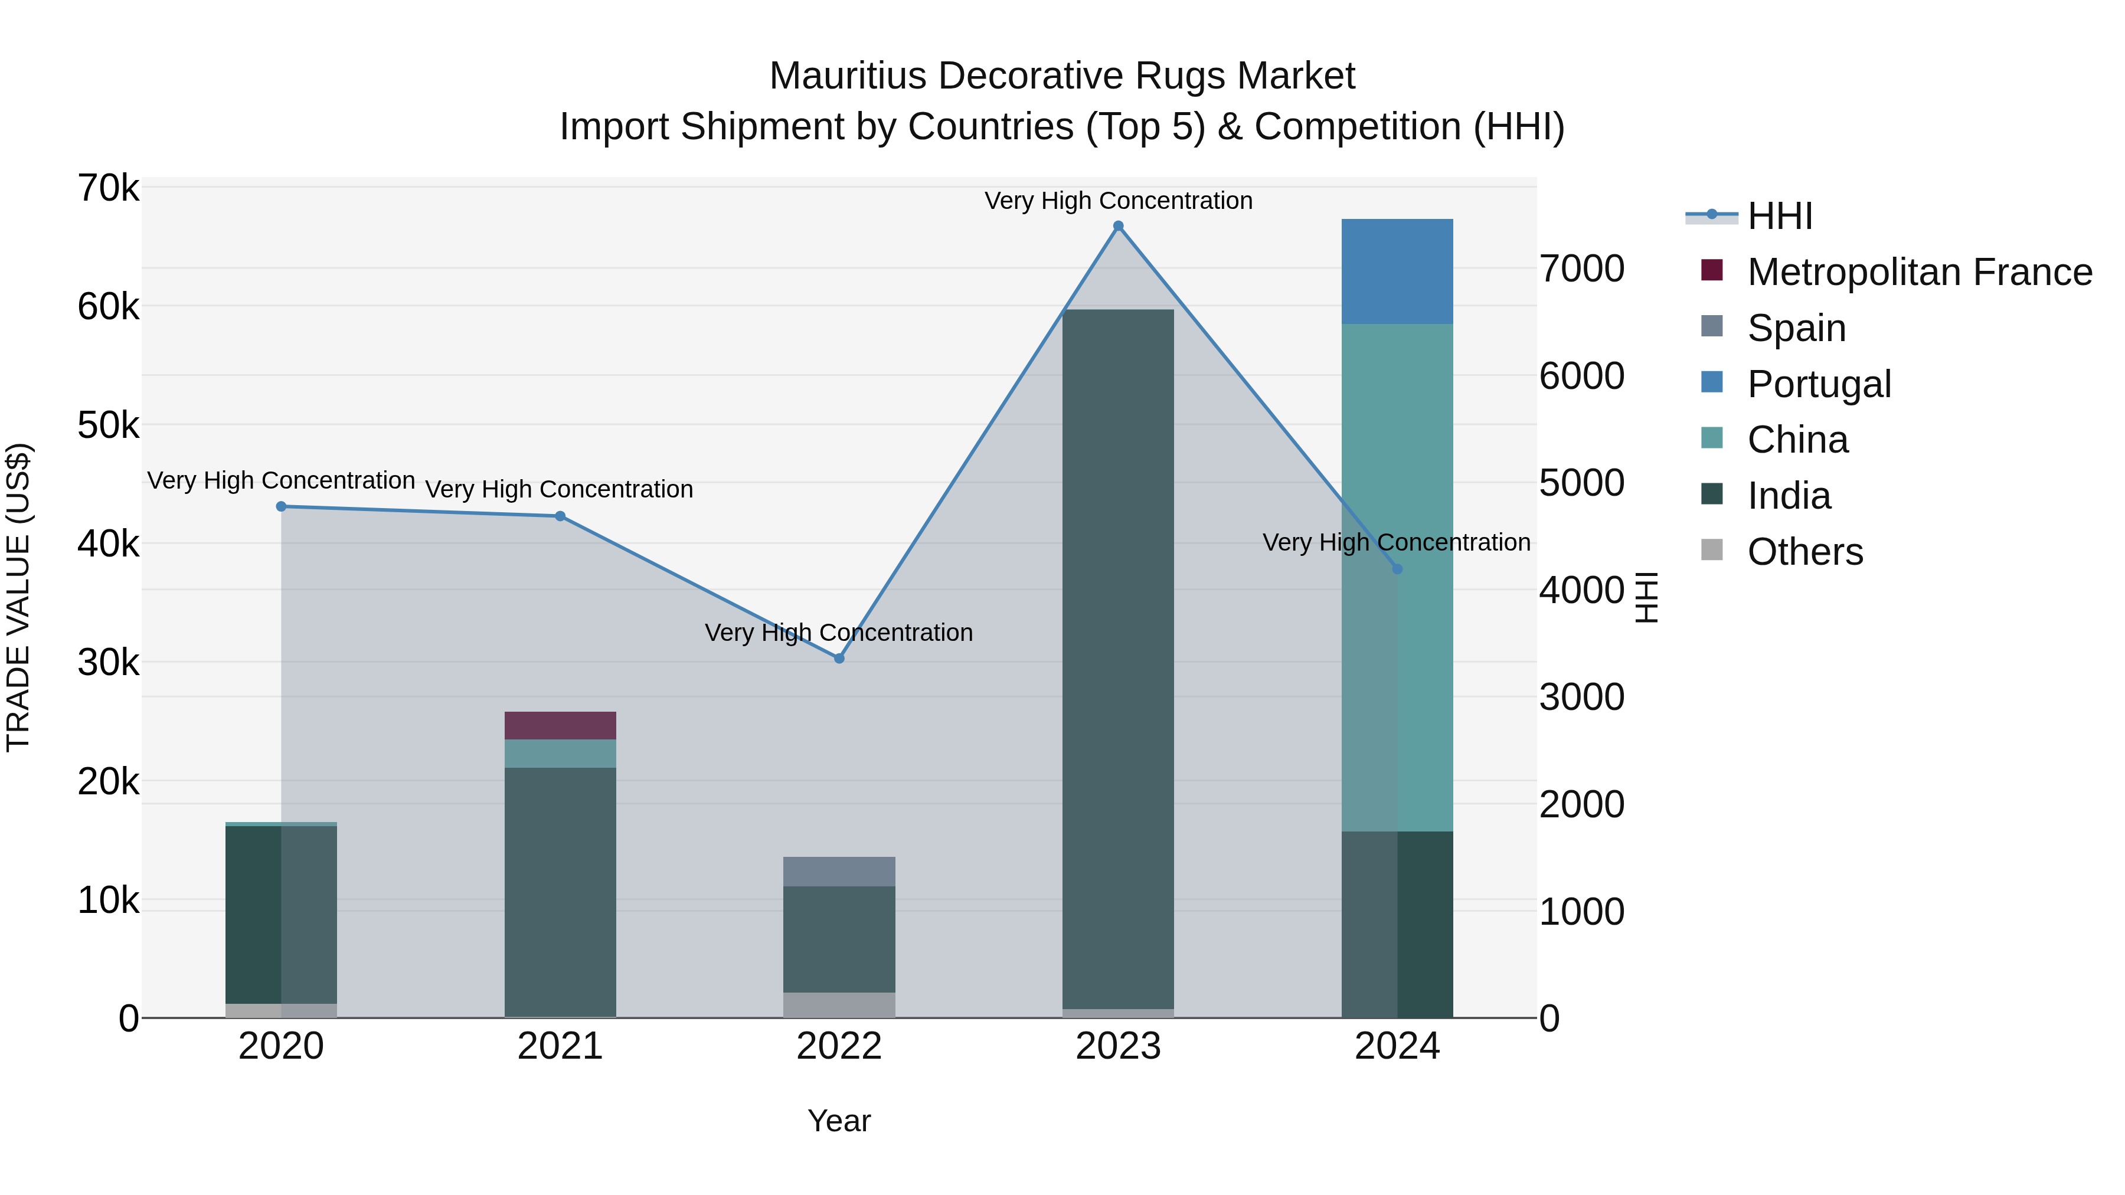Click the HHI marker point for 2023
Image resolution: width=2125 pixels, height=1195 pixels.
click(x=1118, y=226)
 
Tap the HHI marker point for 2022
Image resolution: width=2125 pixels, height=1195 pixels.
click(x=839, y=658)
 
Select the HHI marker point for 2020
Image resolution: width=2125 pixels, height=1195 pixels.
click(x=282, y=506)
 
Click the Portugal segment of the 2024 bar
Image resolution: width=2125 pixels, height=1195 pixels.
click(x=1397, y=271)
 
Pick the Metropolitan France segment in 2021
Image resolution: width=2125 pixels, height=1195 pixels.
click(x=560, y=726)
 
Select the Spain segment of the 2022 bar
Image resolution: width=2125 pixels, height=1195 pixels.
click(x=839, y=872)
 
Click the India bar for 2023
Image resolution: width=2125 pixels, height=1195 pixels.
click(x=1118, y=660)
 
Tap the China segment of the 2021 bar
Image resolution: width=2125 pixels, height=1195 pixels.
click(x=560, y=754)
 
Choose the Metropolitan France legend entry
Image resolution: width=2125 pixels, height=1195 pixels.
click(x=1919, y=272)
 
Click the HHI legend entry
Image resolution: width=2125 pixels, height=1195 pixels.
click(x=1779, y=216)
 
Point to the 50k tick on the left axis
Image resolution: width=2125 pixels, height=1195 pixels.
click(x=108, y=425)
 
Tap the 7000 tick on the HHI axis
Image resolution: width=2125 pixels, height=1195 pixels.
click(x=1581, y=269)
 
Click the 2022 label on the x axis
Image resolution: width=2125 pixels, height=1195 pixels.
click(x=839, y=1046)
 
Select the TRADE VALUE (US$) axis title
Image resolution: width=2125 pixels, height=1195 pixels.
click(x=18, y=597)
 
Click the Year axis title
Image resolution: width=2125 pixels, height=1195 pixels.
click(x=839, y=1121)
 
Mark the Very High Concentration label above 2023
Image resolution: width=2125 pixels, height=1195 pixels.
click(x=1118, y=201)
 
